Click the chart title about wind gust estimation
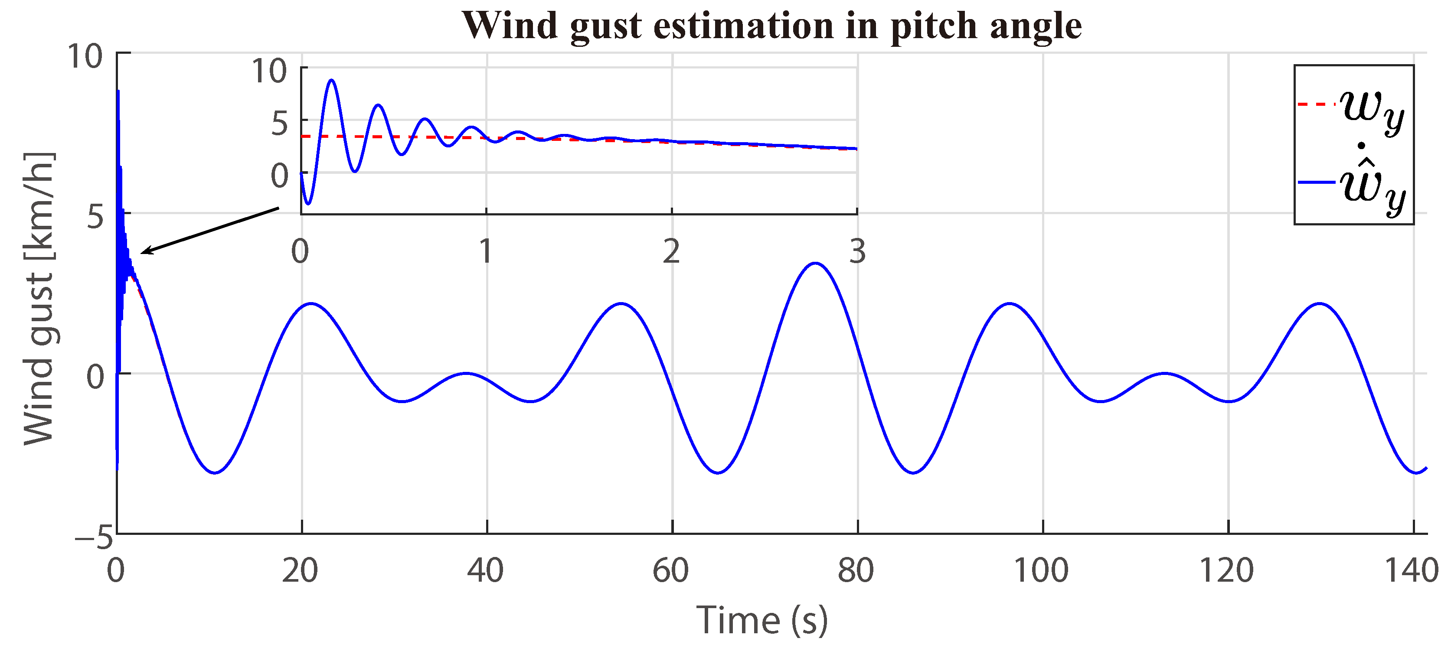pyautogui.click(x=772, y=26)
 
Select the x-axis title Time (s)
pyautogui.click(x=761, y=620)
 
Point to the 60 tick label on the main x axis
pyautogui.click(x=670, y=570)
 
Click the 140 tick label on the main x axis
pyautogui.click(x=1412, y=570)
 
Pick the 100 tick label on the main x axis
pyautogui.click(x=1041, y=570)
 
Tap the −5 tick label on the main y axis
pyautogui.click(x=95, y=537)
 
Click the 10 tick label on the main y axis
pyautogui.click(x=85, y=56)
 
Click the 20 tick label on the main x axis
pyautogui.click(x=300, y=570)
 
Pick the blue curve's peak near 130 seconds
pyautogui.click(x=1319, y=303)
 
